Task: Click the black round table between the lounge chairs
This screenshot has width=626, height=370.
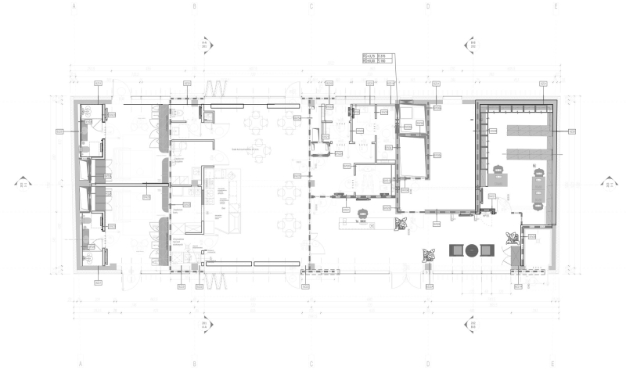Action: [471, 250]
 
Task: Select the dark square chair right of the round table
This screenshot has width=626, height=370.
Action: [487, 250]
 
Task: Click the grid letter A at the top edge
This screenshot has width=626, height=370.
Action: [75, 6]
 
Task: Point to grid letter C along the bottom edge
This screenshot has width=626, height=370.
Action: [311, 364]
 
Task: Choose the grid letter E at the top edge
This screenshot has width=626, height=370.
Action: [555, 6]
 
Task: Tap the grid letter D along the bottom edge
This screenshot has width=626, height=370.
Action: [428, 364]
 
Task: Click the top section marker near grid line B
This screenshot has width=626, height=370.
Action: [206, 43]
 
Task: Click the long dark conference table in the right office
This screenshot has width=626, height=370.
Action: [539, 188]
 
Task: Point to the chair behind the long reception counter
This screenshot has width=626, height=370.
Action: [363, 214]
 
